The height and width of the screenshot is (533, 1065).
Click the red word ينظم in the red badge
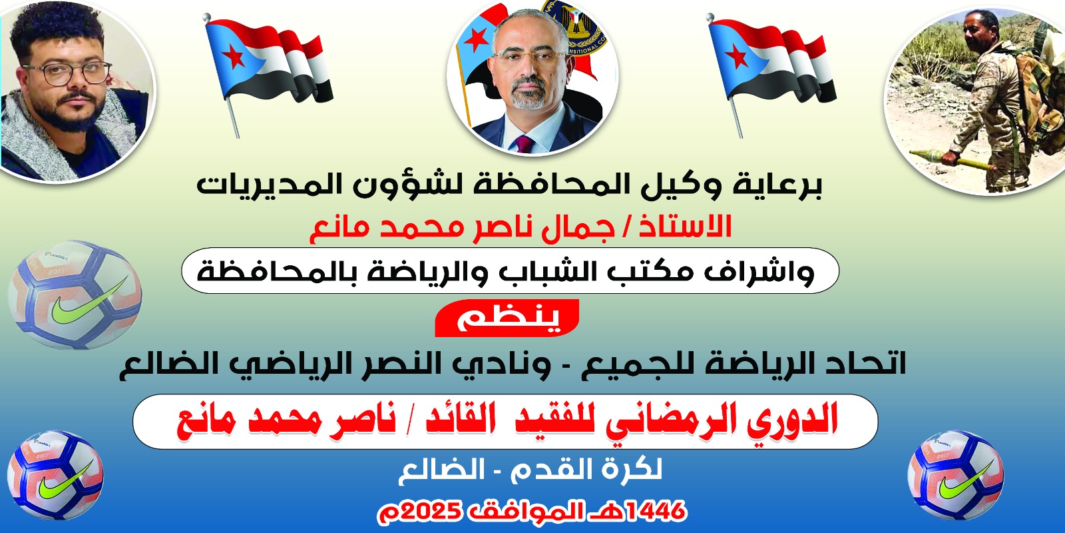pyautogui.click(x=507, y=318)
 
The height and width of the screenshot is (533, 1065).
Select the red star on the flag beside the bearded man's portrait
pyautogui.click(x=234, y=57)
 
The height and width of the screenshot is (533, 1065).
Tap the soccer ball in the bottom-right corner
pyautogui.click(x=955, y=474)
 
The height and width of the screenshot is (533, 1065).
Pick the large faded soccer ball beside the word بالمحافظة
pyautogui.click(x=75, y=295)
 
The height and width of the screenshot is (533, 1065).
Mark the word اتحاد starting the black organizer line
pyautogui.click(x=865, y=364)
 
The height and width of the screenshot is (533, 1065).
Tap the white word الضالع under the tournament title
pyautogui.click(x=441, y=470)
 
